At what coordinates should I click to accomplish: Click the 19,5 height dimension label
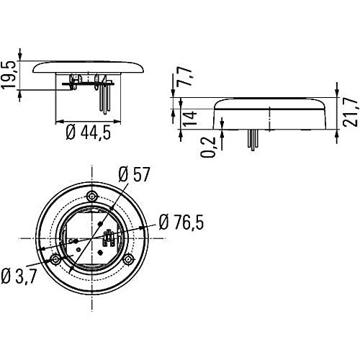[x=9, y=75]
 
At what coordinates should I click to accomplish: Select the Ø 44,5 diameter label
[x=89, y=132]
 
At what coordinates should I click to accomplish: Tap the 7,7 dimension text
[x=184, y=76]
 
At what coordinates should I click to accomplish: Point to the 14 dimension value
[x=190, y=118]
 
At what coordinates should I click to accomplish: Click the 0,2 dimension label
[x=208, y=147]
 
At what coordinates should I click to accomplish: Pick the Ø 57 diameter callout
[x=134, y=174]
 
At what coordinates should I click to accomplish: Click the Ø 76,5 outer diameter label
[x=181, y=222]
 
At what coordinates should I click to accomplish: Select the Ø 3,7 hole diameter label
[x=19, y=276]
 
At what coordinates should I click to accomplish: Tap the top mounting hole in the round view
[x=92, y=197]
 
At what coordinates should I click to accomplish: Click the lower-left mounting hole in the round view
[x=55, y=259]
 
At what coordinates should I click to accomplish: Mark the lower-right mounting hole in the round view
[x=128, y=259]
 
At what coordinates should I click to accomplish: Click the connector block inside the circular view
[x=108, y=238]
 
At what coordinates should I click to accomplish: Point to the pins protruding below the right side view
[x=253, y=140]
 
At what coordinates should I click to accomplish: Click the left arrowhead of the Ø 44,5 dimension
[x=59, y=122]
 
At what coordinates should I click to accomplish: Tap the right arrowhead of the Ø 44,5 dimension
[x=117, y=122]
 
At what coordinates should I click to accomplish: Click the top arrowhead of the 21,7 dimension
[x=337, y=94]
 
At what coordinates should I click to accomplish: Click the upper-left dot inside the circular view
[x=101, y=224]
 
